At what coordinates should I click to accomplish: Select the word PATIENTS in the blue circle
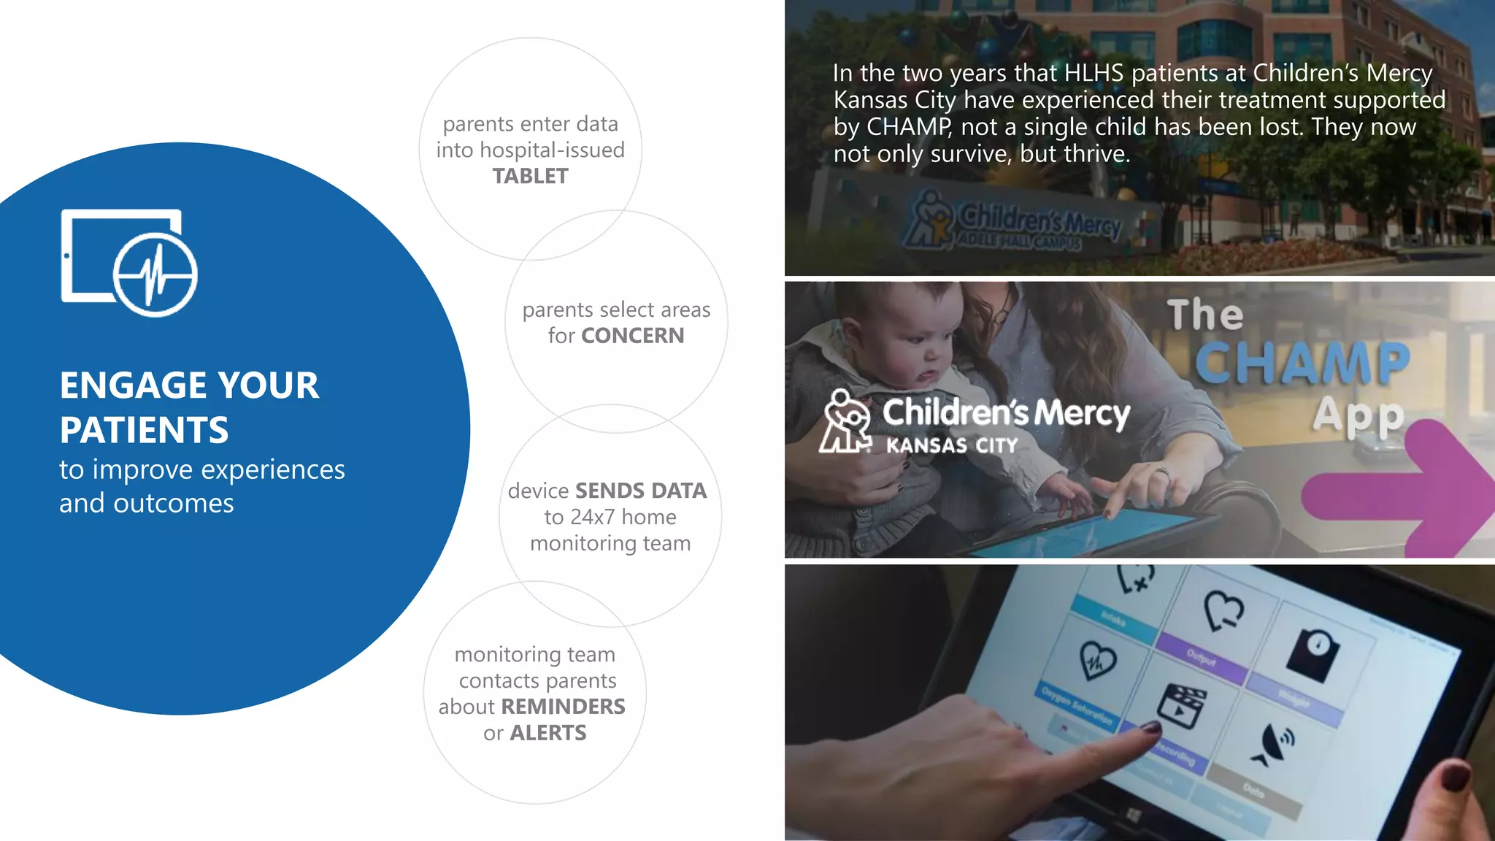point(144,430)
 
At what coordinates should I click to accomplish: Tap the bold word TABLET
point(530,177)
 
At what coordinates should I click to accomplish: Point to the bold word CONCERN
point(632,336)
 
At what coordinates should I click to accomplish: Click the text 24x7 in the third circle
point(590,518)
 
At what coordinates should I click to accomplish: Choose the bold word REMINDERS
point(563,707)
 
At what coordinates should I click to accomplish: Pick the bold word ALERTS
point(547,733)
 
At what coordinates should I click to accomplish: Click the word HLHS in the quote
point(1094,74)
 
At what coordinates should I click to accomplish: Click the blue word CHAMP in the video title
point(1302,363)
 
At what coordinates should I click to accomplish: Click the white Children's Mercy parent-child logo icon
point(845,421)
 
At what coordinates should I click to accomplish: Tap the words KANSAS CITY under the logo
point(951,445)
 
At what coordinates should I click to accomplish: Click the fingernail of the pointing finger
point(1151,728)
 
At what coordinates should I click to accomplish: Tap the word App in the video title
point(1358,416)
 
